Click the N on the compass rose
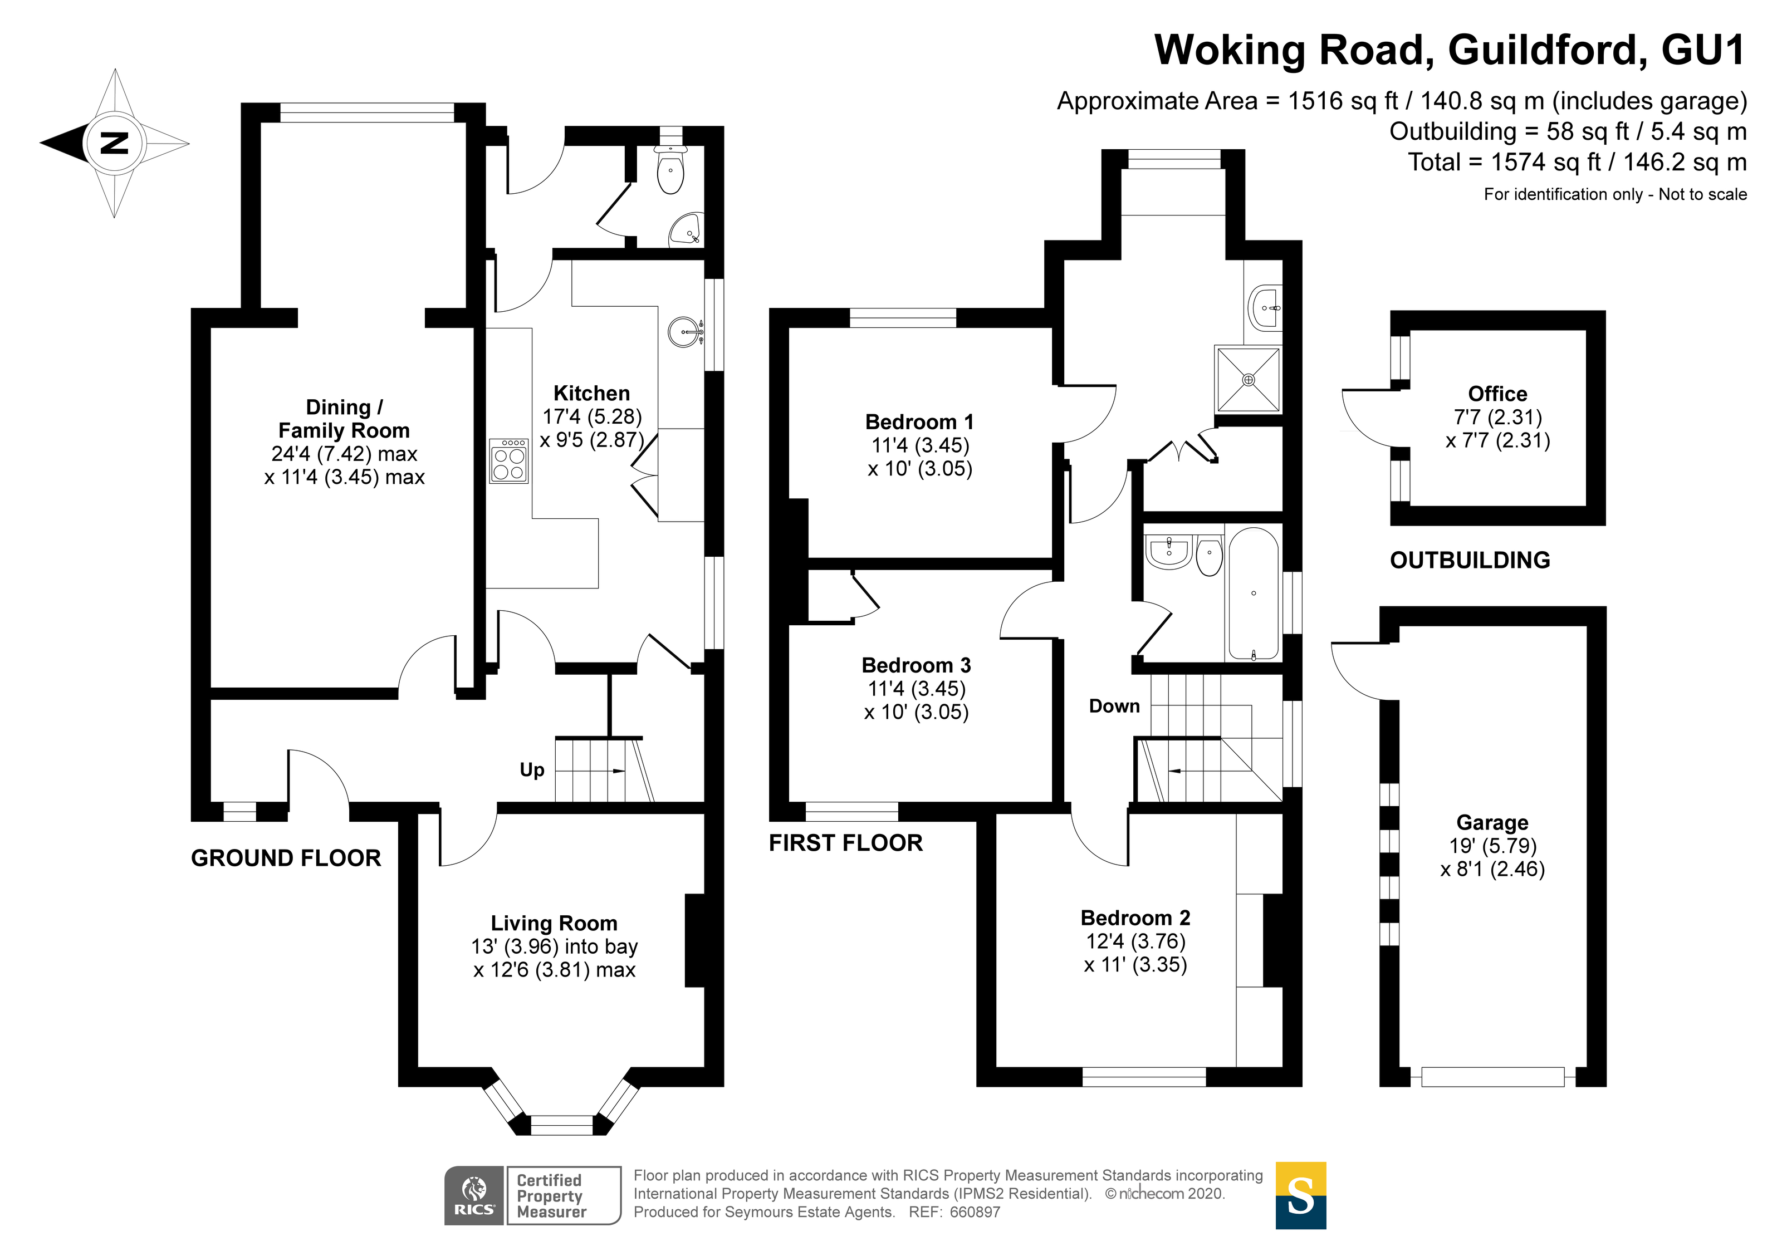tap(115, 143)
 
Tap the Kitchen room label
tap(591, 393)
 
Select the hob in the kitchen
tap(508, 461)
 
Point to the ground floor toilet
tap(670, 172)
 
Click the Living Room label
tap(554, 923)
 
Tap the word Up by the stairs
tap(532, 770)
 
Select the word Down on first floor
tap(1114, 706)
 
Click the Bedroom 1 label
tap(919, 422)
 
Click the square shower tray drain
tap(1249, 380)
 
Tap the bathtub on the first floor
tap(1253, 593)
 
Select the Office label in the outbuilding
tap(1497, 394)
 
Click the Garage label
tap(1492, 823)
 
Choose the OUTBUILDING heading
tap(1470, 560)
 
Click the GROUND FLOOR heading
tap(286, 858)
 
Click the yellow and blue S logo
tap(1300, 1196)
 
